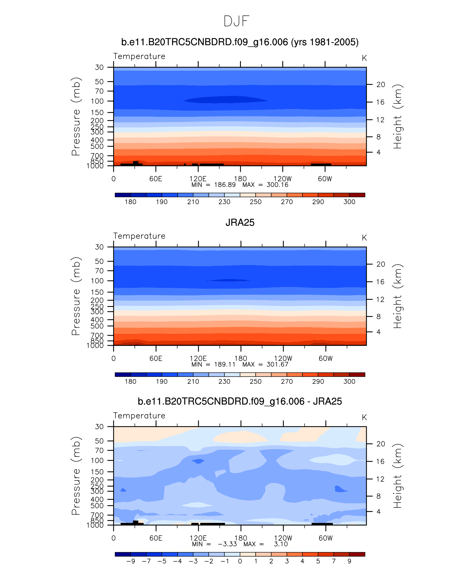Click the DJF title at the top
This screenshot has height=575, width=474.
pos(236,21)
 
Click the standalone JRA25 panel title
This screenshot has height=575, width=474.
pos(240,223)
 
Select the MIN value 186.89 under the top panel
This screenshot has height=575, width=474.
pos(225,185)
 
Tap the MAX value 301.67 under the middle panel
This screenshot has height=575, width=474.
pos(277,365)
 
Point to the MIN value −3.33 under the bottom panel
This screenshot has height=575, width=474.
pos(227,544)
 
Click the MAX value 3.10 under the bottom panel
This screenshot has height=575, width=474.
pos(281,544)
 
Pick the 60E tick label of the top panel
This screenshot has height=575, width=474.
pos(156,179)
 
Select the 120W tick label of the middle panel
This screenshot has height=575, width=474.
pos(283,358)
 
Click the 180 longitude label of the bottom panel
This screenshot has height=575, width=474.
pos(241,538)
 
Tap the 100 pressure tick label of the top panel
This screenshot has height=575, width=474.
pos(97,101)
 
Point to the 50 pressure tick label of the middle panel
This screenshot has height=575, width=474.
pos(99,261)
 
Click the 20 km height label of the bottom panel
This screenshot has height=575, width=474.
pos(381,444)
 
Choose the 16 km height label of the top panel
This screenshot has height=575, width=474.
pos(380,102)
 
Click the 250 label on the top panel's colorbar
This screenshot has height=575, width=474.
pos(255,202)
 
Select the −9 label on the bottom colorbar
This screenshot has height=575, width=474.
pos(131,561)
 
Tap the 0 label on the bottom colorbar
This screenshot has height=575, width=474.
pos(240,561)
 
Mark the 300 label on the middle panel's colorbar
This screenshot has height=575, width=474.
pos(349,381)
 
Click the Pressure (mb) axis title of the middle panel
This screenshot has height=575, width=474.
pos(76,296)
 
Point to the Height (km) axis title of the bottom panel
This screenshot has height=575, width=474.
pos(397,476)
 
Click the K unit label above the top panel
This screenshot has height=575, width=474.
pos(364,58)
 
